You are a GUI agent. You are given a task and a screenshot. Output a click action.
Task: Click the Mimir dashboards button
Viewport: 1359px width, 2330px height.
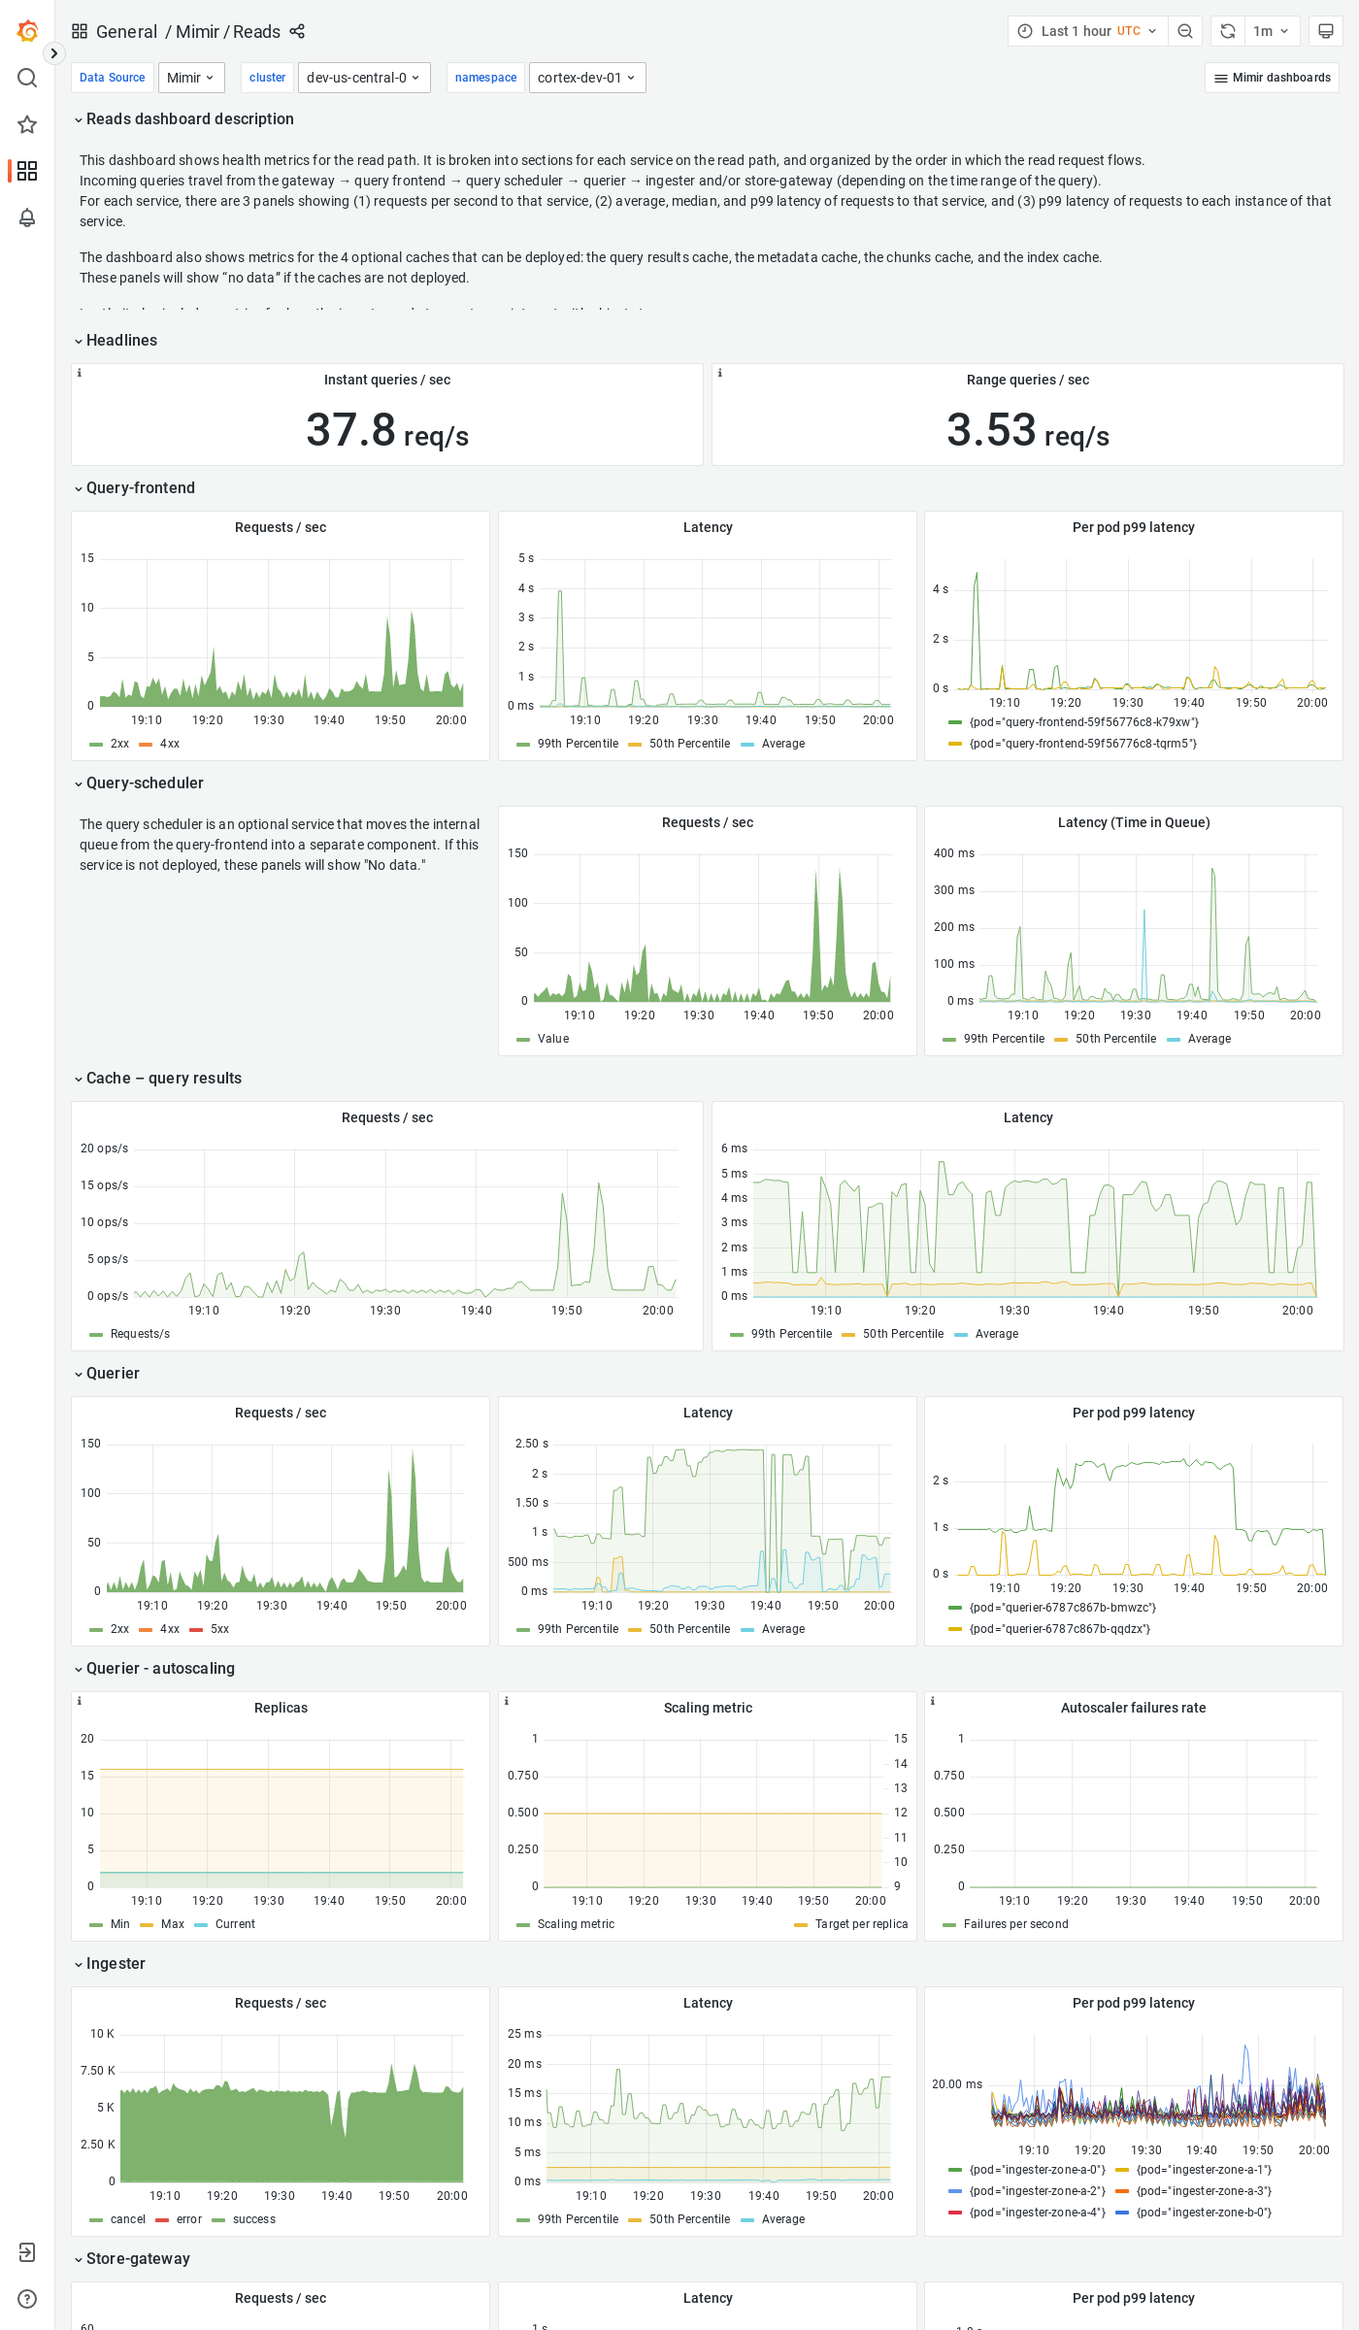point(1272,78)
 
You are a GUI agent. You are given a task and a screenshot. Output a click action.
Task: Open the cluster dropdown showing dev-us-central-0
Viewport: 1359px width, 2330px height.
point(364,78)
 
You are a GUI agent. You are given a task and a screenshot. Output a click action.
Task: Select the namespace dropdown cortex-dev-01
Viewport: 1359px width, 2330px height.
point(586,78)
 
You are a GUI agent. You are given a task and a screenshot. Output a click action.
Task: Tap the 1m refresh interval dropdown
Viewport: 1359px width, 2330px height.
point(1271,31)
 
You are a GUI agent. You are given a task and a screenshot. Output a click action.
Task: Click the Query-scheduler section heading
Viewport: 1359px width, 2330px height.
point(145,783)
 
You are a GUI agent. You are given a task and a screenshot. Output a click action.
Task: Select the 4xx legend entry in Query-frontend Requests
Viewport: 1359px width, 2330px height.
point(169,744)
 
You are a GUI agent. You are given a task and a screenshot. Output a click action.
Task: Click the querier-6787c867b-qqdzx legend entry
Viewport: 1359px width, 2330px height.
point(1059,1629)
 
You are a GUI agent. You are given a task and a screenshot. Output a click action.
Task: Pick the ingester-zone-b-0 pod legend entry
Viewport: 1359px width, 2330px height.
point(1204,2213)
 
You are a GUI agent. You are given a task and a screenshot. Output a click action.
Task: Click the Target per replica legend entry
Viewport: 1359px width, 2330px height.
point(861,1924)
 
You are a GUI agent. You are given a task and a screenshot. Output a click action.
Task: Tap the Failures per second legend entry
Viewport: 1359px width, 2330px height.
point(1015,1924)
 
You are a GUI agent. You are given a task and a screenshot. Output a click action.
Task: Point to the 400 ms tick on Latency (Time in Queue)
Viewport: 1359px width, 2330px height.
point(953,853)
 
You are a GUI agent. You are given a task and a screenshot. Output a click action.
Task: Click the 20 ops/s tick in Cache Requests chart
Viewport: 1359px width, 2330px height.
point(104,1148)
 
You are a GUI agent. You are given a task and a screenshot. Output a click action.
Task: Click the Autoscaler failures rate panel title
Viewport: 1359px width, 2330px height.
point(1133,1708)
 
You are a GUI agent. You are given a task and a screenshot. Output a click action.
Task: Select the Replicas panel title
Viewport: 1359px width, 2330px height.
point(281,1708)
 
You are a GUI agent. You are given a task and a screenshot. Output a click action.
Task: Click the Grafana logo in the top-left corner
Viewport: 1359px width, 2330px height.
point(27,31)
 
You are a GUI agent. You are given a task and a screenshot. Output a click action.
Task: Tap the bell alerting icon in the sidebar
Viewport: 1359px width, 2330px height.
point(27,217)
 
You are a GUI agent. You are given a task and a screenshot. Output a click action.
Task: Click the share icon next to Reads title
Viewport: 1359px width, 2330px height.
point(297,32)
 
